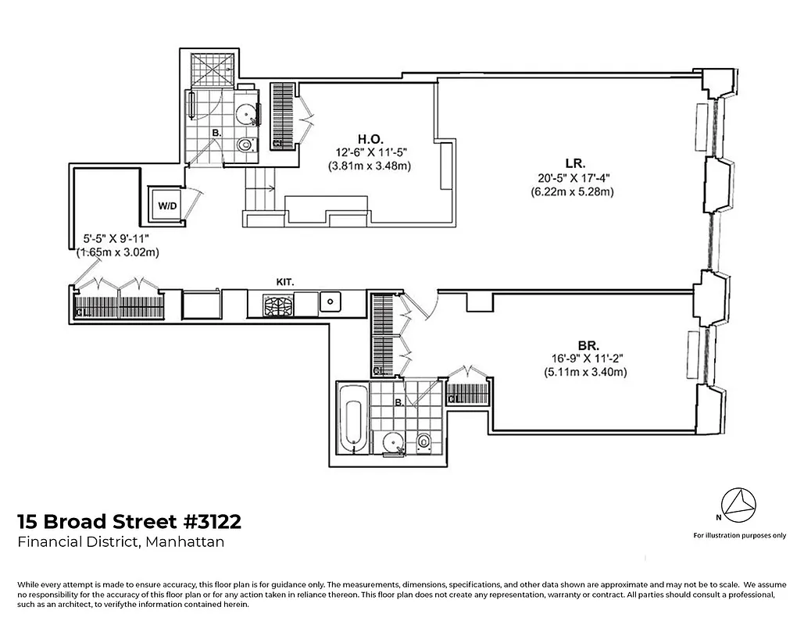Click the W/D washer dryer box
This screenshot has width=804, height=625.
click(166, 206)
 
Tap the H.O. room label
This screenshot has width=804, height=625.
click(370, 137)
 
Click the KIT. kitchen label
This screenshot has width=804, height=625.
click(286, 280)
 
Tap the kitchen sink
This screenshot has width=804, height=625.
click(331, 301)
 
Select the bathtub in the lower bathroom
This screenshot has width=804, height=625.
click(352, 426)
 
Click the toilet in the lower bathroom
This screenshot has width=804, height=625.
click(424, 442)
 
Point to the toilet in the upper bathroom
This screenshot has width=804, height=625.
click(245, 145)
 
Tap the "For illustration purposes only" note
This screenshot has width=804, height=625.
click(739, 535)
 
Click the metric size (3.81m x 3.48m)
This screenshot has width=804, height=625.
click(370, 166)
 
